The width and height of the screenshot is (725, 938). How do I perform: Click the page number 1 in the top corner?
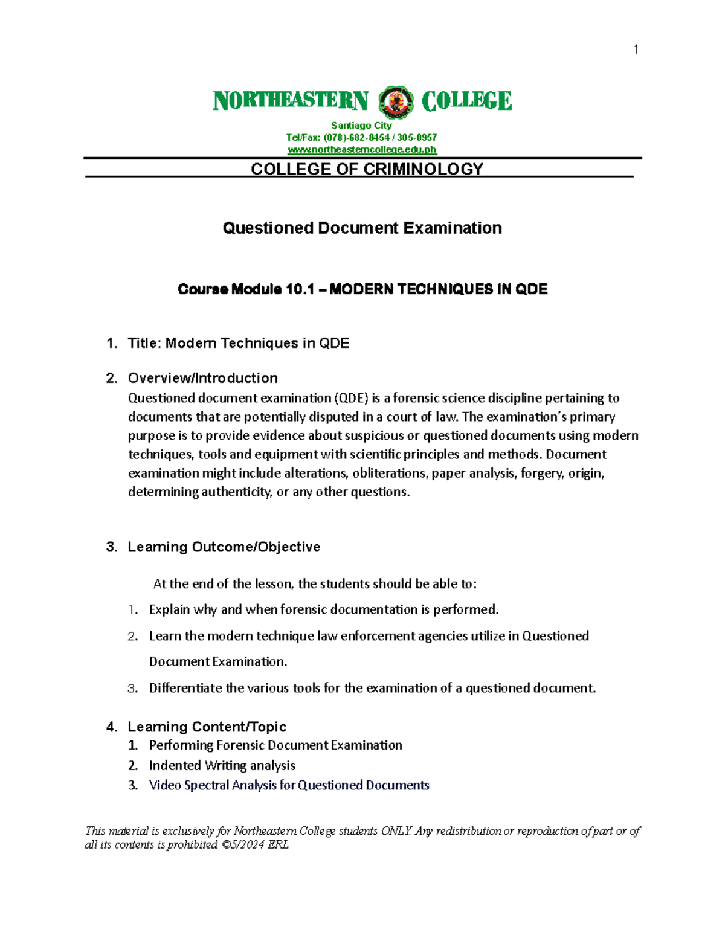(x=636, y=50)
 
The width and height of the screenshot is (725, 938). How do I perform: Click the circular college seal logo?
(x=396, y=101)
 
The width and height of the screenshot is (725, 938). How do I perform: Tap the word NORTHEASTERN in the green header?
(x=291, y=101)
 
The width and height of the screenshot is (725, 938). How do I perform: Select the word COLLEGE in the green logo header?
(x=466, y=101)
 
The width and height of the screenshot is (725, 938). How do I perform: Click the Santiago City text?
(x=361, y=126)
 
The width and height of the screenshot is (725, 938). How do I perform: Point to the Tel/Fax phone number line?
(x=361, y=138)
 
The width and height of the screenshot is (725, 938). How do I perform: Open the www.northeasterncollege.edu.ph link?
(x=361, y=150)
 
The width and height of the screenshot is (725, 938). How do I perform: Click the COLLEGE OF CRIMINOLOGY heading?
(x=367, y=169)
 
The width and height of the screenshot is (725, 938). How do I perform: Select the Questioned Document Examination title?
(x=362, y=228)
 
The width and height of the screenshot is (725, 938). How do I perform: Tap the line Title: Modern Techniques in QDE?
(x=238, y=343)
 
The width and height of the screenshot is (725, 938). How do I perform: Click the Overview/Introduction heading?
(x=202, y=378)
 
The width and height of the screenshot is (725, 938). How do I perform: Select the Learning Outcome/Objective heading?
(x=224, y=547)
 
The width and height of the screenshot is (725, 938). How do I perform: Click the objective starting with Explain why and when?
(x=324, y=609)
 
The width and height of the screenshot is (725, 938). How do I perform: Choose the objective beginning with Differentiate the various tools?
(x=372, y=688)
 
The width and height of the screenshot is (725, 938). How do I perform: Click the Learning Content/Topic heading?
(x=207, y=727)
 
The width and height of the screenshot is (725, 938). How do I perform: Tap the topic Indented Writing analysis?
(x=222, y=765)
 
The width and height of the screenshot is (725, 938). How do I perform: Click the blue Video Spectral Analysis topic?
(x=289, y=785)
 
